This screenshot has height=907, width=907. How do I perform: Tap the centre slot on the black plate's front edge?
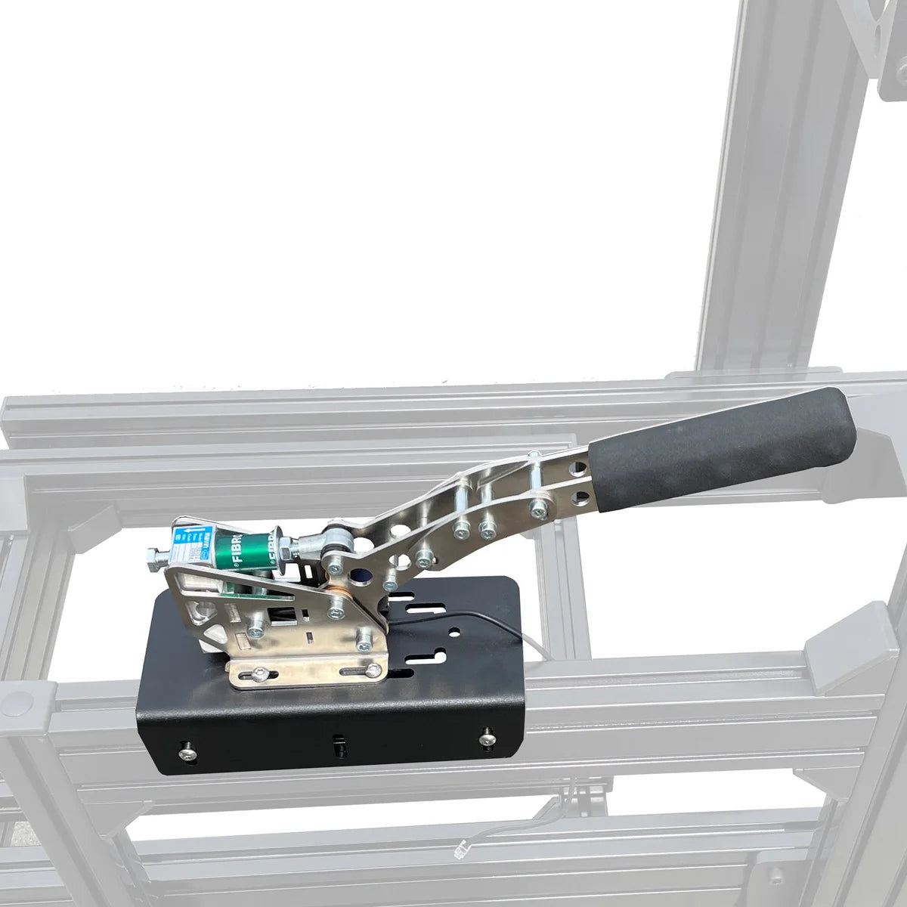click(338, 744)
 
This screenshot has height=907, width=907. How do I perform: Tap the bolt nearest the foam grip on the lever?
click(538, 512)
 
